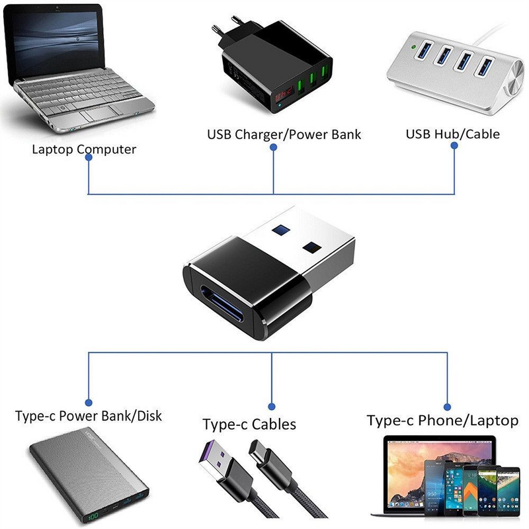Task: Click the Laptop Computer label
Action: click(84, 149)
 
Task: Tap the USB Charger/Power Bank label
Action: click(284, 135)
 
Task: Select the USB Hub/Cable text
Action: click(452, 134)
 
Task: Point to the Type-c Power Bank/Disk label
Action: click(89, 417)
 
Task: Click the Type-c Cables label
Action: click(249, 424)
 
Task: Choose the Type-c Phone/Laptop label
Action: click(442, 421)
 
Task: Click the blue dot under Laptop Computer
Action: click(89, 163)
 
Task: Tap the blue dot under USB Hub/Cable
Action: click(454, 148)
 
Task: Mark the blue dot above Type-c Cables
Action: click(272, 406)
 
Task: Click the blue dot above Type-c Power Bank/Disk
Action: click(89, 401)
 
